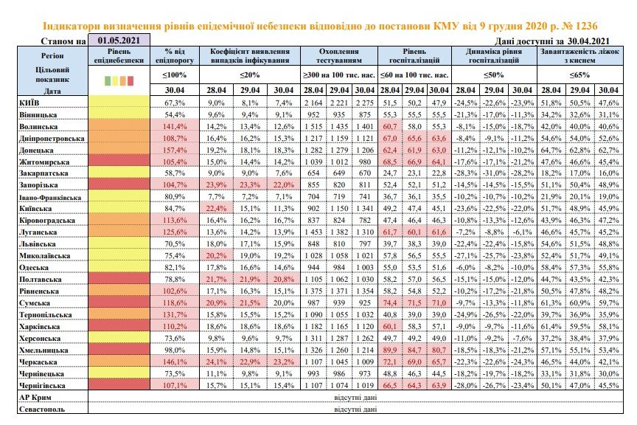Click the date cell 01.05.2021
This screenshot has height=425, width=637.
click(119, 41)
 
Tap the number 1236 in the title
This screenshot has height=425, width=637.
click(584, 27)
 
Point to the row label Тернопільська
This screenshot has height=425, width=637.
click(46, 315)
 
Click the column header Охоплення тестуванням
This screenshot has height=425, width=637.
click(339, 56)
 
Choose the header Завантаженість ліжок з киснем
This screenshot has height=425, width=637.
click(579, 56)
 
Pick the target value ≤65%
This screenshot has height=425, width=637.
click(579, 75)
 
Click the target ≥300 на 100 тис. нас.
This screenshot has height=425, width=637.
click(339, 75)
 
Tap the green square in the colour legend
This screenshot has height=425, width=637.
click(108, 80)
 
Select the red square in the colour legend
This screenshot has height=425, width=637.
click(130, 80)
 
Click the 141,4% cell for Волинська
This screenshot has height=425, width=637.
click(175, 126)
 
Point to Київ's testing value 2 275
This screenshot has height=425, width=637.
click(364, 103)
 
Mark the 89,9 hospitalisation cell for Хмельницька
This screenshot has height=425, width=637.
click(389, 350)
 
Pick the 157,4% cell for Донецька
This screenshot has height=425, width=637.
click(175, 150)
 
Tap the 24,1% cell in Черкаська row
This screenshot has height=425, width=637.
click(216, 362)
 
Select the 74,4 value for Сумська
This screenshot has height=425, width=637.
click(389, 303)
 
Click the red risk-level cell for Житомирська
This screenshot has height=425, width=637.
click(119, 162)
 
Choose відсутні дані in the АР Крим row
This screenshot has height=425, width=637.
click(355, 398)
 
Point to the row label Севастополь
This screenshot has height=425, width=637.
click(42, 410)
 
